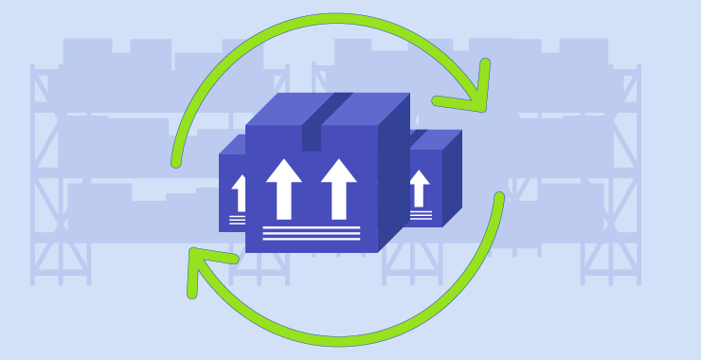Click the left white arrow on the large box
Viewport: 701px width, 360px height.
point(283,188)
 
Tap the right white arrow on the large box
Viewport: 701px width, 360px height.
point(338,188)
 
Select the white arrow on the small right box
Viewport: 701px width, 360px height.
point(420,188)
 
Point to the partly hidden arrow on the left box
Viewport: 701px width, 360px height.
point(240,193)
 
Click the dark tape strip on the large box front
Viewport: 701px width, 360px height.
point(312,137)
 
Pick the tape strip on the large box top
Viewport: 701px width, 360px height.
point(328,107)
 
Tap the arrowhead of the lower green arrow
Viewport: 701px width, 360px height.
point(204,264)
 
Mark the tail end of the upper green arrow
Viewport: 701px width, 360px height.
point(176,163)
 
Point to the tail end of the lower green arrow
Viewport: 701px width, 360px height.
point(498,198)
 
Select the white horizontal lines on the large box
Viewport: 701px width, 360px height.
point(312,233)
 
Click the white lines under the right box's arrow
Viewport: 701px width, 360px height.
point(421,215)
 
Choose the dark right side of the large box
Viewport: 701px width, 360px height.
point(394,175)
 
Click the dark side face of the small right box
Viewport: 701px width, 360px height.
point(452,180)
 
